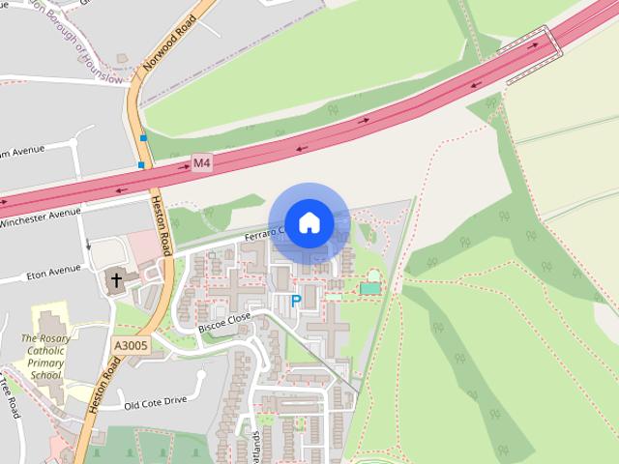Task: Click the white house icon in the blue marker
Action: click(x=309, y=222)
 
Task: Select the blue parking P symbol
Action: click(x=296, y=302)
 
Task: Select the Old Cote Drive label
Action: click(x=155, y=402)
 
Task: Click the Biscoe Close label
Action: click(x=224, y=322)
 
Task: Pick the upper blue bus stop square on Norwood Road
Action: click(x=143, y=138)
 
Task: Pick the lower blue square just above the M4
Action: click(x=141, y=165)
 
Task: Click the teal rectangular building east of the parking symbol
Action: click(x=369, y=288)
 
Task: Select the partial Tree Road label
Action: click(x=12, y=396)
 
